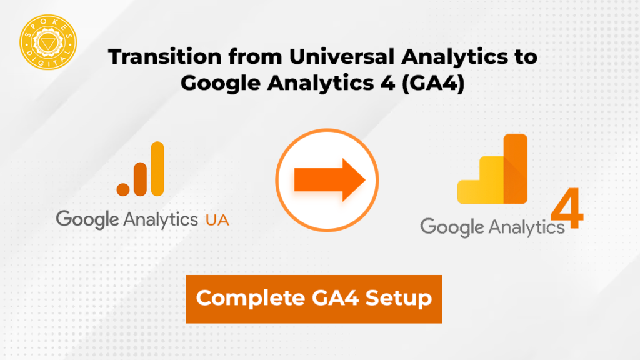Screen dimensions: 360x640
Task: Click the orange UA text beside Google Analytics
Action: [x=217, y=219]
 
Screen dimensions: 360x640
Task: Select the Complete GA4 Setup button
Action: [x=314, y=299]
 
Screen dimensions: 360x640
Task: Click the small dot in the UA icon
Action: [x=123, y=187]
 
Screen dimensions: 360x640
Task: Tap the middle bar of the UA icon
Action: [x=140, y=178]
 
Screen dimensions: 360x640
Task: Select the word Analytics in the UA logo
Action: [x=160, y=219]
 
